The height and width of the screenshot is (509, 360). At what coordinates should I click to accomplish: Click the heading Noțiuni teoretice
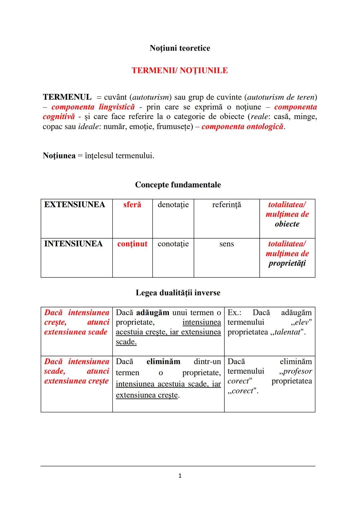[x=180, y=48]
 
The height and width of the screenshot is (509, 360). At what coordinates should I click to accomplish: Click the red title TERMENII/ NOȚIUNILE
[x=180, y=71]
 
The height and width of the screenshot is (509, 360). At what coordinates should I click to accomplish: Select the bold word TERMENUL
[x=67, y=97]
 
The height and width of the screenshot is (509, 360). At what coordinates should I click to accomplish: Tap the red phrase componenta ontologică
[x=242, y=127]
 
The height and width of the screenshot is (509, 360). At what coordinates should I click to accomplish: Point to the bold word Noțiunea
[x=59, y=156]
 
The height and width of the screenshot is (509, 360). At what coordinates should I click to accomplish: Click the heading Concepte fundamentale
[x=178, y=185]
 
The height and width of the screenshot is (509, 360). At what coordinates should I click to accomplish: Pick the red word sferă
[x=132, y=205]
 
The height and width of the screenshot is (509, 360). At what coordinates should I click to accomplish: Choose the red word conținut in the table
[x=132, y=244]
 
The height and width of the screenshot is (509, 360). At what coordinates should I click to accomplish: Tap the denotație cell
[x=173, y=205]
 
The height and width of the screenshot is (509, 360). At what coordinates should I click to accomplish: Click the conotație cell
[x=173, y=244]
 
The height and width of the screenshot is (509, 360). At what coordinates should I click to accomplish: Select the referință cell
[x=226, y=205]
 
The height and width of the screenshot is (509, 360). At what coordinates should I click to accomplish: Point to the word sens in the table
[x=226, y=244]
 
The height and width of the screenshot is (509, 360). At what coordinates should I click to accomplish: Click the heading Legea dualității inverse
[x=178, y=293]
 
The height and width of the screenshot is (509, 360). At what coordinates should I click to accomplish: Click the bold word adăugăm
[x=153, y=313]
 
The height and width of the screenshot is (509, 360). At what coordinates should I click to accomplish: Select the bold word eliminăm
[x=163, y=362]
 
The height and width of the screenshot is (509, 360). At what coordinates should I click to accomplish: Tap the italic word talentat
[x=287, y=332]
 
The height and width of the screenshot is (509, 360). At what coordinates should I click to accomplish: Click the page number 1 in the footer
[x=180, y=476]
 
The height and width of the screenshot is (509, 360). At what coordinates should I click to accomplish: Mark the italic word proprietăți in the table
[x=287, y=263]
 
